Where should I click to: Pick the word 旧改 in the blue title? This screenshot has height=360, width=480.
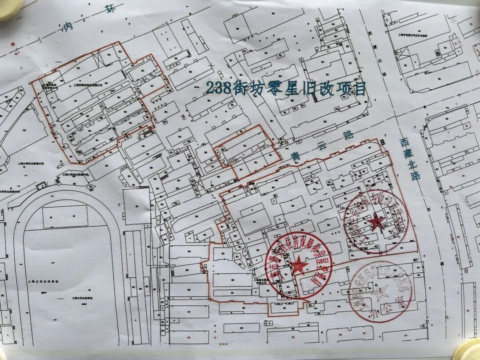tap(320, 88)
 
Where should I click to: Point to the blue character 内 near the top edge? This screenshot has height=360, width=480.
tap(68, 27)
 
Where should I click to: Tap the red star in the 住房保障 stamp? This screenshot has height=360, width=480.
tap(299, 266)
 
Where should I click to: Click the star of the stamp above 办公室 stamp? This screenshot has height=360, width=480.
tap(378, 221)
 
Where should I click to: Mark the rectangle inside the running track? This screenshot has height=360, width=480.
tap(65, 216)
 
